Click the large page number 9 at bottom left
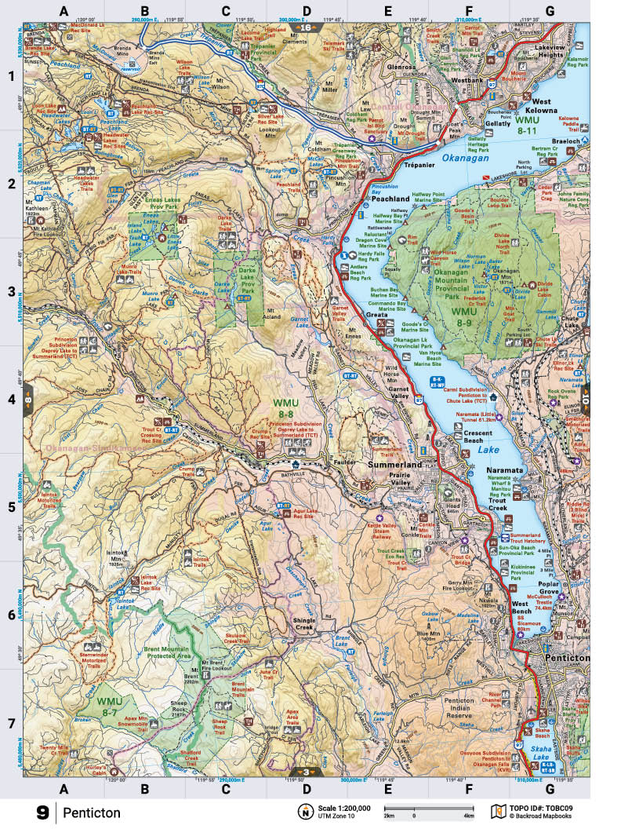(42, 813)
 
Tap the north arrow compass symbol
(303, 812)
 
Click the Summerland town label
(395, 465)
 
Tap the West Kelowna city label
(554, 106)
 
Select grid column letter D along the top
(306, 11)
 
